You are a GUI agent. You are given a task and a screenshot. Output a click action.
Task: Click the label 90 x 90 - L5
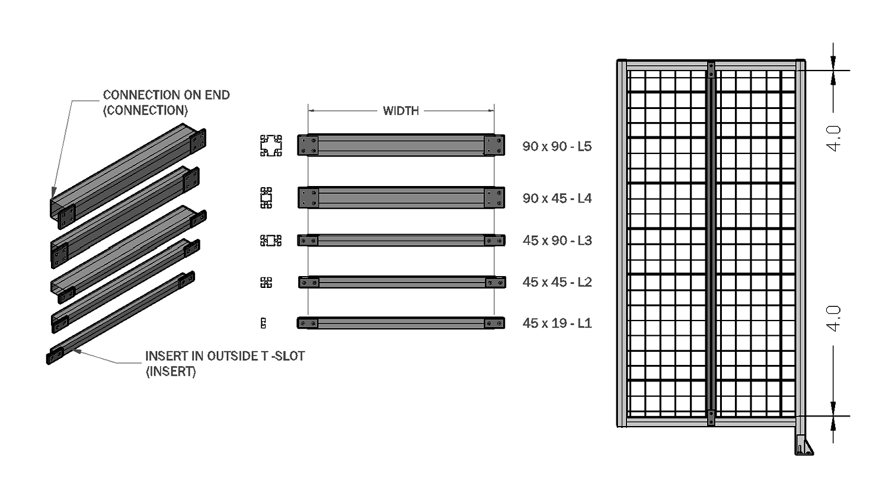tap(557, 146)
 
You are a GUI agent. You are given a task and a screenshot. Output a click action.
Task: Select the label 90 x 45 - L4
tap(557, 198)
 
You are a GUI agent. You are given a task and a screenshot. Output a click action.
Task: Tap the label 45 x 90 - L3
tap(557, 241)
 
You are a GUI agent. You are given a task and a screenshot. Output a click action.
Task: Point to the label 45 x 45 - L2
tap(557, 282)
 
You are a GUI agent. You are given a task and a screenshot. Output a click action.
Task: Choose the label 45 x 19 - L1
tap(557, 323)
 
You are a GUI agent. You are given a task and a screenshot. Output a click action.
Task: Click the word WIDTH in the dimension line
tap(401, 111)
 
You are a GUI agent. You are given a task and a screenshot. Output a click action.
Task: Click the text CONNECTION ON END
tap(167, 95)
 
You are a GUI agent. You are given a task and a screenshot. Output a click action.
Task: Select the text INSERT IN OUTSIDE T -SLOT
tap(225, 356)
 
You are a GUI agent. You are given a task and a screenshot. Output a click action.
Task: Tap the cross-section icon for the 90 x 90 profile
tap(271, 146)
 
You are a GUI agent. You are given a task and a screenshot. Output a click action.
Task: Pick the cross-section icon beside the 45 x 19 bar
tap(263, 323)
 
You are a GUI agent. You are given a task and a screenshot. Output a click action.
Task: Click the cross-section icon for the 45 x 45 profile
tap(266, 282)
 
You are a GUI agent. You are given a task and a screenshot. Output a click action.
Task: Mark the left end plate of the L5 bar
tap(308, 145)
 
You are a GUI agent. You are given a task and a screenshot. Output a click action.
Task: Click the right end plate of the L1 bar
tap(494, 323)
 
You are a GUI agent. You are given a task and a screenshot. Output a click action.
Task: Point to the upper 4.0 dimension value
tap(833, 138)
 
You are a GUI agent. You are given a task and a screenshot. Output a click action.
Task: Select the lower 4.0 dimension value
tap(833, 318)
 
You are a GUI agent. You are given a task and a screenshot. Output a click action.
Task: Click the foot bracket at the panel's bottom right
tap(804, 445)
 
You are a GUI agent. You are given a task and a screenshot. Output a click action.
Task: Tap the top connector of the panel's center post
tap(711, 70)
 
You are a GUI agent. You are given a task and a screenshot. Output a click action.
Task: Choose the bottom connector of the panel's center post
tap(711, 418)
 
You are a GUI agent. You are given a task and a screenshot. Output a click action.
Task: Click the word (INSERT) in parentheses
tap(171, 372)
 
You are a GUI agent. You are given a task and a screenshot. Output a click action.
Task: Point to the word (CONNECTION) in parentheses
tap(145, 110)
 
